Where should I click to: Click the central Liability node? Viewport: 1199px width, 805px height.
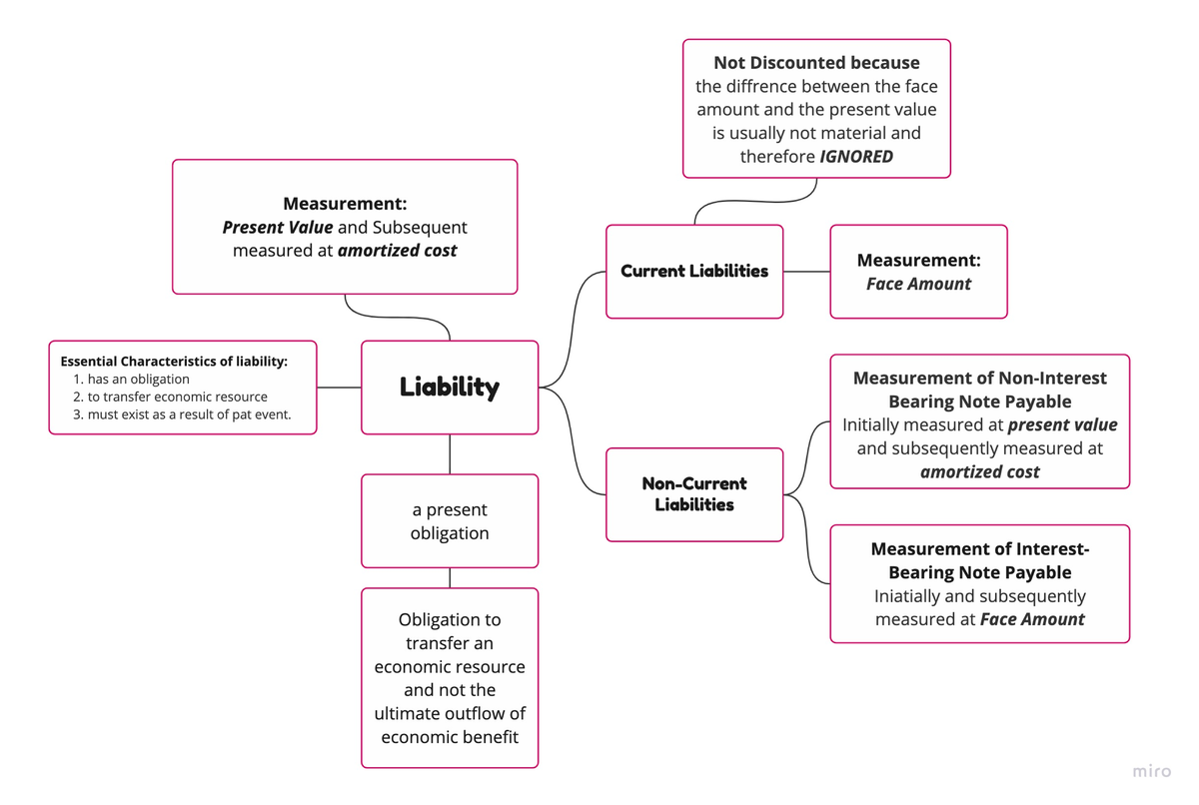click(x=450, y=388)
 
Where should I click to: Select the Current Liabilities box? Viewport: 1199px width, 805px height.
click(x=694, y=272)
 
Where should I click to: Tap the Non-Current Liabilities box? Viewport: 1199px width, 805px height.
click(x=694, y=494)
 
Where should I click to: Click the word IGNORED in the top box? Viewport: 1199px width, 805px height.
click(x=856, y=157)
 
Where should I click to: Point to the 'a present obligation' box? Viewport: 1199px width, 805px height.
click(x=450, y=521)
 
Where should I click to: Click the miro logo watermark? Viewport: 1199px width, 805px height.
click(x=1152, y=772)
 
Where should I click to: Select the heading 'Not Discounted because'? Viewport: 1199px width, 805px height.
click(x=816, y=63)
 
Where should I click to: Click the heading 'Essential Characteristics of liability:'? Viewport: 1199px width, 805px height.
click(x=174, y=362)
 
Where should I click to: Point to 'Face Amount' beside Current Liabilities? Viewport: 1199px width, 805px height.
click(x=918, y=284)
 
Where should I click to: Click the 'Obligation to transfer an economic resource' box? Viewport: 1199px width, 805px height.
click(x=450, y=678)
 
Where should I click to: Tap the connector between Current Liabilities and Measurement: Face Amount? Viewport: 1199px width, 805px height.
click(x=806, y=272)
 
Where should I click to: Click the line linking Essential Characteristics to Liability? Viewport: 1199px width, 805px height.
click(x=339, y=388)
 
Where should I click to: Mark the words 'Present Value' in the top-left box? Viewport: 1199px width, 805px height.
click(x=278, y=228)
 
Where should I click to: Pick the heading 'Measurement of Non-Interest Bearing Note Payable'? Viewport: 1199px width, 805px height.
click(x=979, y=390)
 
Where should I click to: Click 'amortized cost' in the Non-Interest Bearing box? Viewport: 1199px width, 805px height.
click(x=979, y=472)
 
